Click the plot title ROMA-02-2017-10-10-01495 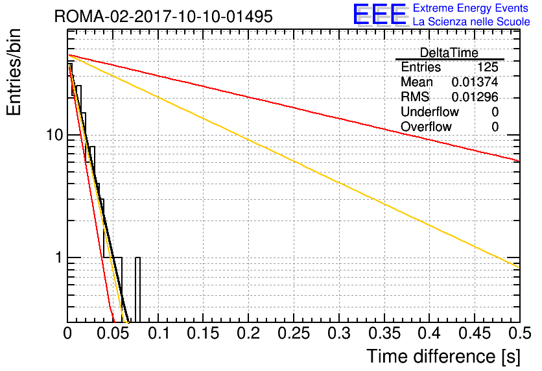click(163, 16)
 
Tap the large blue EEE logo click(380, 14)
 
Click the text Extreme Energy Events click(471, 8)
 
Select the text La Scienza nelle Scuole click(471, 21)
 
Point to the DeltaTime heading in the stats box click(449, 53)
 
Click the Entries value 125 click(488, 67)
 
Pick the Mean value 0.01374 click(475, 82)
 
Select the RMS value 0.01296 click(475, 97)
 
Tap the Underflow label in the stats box click(429, 112)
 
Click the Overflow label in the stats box click(426, 126)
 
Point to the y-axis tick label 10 click(54, 135)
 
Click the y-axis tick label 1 click(59, 257)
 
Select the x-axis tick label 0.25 click(294, 333)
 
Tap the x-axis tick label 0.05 click(113, 333)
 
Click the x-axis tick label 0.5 click(519, 333)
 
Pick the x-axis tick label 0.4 click(429, 333)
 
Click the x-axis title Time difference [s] click(443, 356)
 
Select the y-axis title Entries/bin click(14, 72)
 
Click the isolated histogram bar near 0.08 click(137, 290)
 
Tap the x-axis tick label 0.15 click(204, 333)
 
